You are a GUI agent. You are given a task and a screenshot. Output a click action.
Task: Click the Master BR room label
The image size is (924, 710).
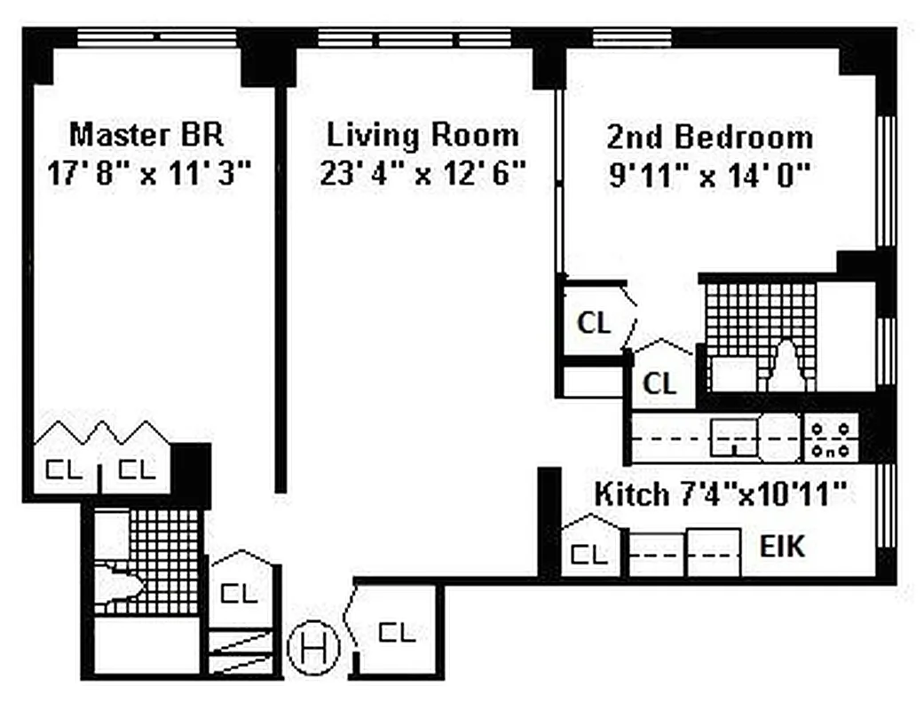(146, 136)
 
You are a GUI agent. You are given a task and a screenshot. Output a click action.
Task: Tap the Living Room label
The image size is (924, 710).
(423, 136)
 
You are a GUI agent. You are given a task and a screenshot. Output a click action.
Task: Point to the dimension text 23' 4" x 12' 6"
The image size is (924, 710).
(423, 172)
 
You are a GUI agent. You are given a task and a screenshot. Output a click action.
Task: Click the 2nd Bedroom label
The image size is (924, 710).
(709, 138)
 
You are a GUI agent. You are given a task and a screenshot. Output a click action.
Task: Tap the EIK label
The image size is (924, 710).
(782, 547)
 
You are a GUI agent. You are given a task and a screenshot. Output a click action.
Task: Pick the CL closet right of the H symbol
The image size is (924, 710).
(397, 633)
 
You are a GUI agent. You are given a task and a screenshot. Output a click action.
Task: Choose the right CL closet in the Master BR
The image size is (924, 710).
(137, 469)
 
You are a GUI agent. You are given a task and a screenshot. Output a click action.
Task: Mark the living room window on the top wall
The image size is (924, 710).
(411, 38)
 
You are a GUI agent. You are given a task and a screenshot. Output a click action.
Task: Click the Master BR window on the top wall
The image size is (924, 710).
(156, 37)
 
